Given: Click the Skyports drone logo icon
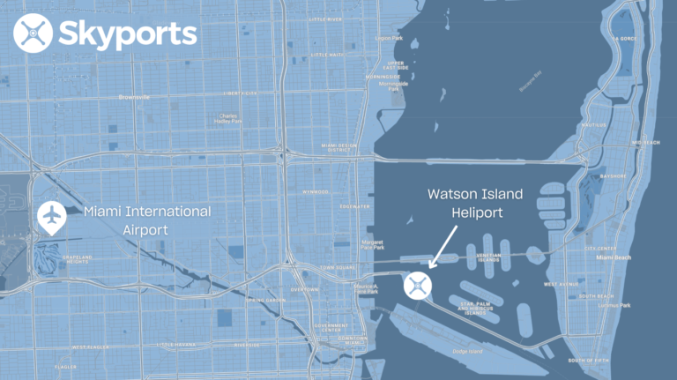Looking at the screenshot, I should point(33,34).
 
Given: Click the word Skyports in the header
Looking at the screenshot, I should point(127,34).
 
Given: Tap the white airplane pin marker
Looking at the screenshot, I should point(51,216).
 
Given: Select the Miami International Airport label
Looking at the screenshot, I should point(147,220).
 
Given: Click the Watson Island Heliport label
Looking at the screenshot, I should point(474,204).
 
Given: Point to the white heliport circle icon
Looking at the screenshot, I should point(418,285).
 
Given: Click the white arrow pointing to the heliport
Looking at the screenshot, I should point(443,245).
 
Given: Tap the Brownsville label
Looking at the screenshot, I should point(134,97).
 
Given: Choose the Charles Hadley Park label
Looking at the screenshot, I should point(227,119).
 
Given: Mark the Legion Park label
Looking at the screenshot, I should point(388,39).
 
